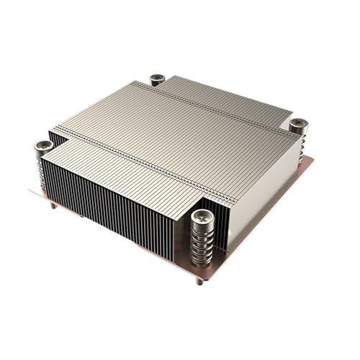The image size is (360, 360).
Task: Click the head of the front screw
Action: tap(204, 215)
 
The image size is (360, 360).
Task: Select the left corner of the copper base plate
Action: tap(30, 192)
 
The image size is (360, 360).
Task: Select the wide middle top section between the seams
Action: tap(176, 133)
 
